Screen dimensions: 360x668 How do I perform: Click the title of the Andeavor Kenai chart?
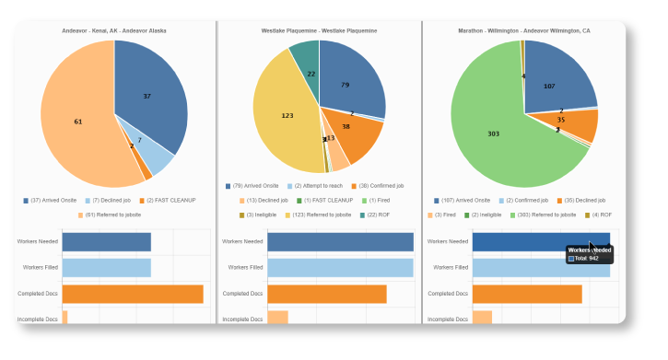(x=114, y=30)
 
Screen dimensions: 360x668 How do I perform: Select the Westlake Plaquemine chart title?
(x=319, y=30)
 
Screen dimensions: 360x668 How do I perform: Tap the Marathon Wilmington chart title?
(x=524, y=30)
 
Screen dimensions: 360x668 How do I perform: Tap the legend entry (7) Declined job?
(x=111, y=200)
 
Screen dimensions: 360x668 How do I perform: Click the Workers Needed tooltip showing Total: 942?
(x=588, y=254)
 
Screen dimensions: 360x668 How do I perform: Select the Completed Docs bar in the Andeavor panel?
(x=132, y=294)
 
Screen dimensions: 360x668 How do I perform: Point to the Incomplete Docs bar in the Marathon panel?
(x=482, y=318)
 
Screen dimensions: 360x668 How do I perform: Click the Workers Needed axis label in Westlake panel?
(x=242, y=242)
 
